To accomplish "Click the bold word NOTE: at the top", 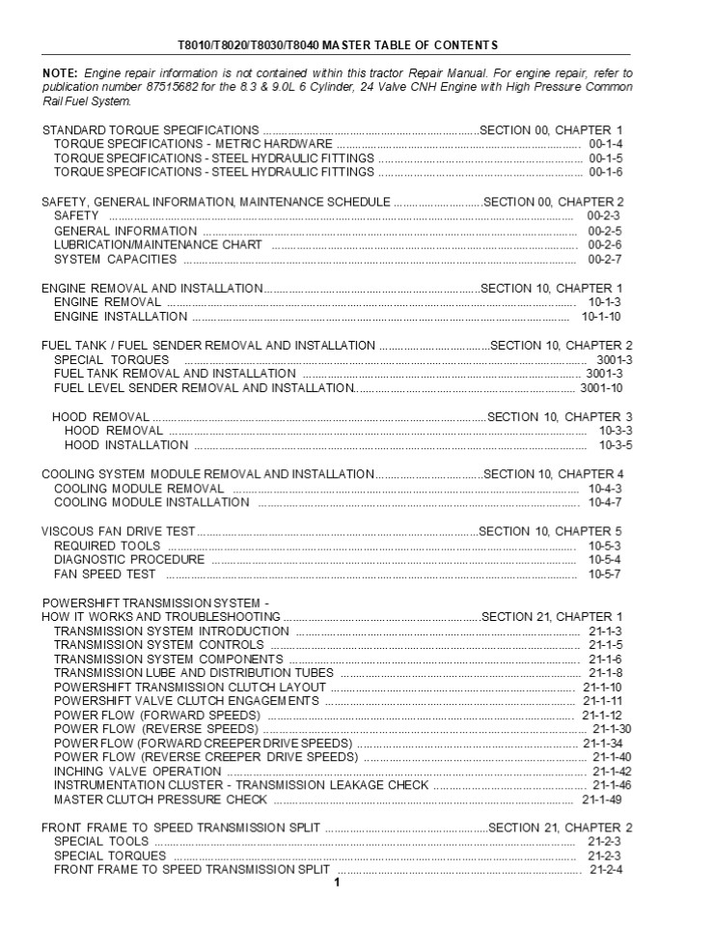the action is tap(60, 73).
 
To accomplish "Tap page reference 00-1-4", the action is tap(605, 144).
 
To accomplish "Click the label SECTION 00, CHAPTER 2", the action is tap(553, 202).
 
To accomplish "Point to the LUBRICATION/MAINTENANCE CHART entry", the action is tap(157, 245).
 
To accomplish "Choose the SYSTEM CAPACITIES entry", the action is tap(115, 259).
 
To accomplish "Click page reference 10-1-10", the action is tap(601, 317).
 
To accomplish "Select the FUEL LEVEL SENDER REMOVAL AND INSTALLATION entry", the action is tap(204, 388).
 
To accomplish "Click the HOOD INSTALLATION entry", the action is tap(125, 445).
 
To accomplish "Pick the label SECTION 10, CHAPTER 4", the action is tap(553, 474).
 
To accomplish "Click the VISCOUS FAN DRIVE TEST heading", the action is tap(119, 531).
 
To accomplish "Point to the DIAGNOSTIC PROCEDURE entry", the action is tap(129, 560).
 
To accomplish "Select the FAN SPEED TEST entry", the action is tap(104, 575).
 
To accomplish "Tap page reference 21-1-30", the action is tap(612, 729).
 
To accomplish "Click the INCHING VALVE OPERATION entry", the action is tap(137, 772).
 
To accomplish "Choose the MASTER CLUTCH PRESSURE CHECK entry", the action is tap(160, 800).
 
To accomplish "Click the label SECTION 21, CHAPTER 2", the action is tap(561, 828).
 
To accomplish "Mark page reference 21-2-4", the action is tap(606, 869).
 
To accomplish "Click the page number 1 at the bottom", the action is tap(337, 883).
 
